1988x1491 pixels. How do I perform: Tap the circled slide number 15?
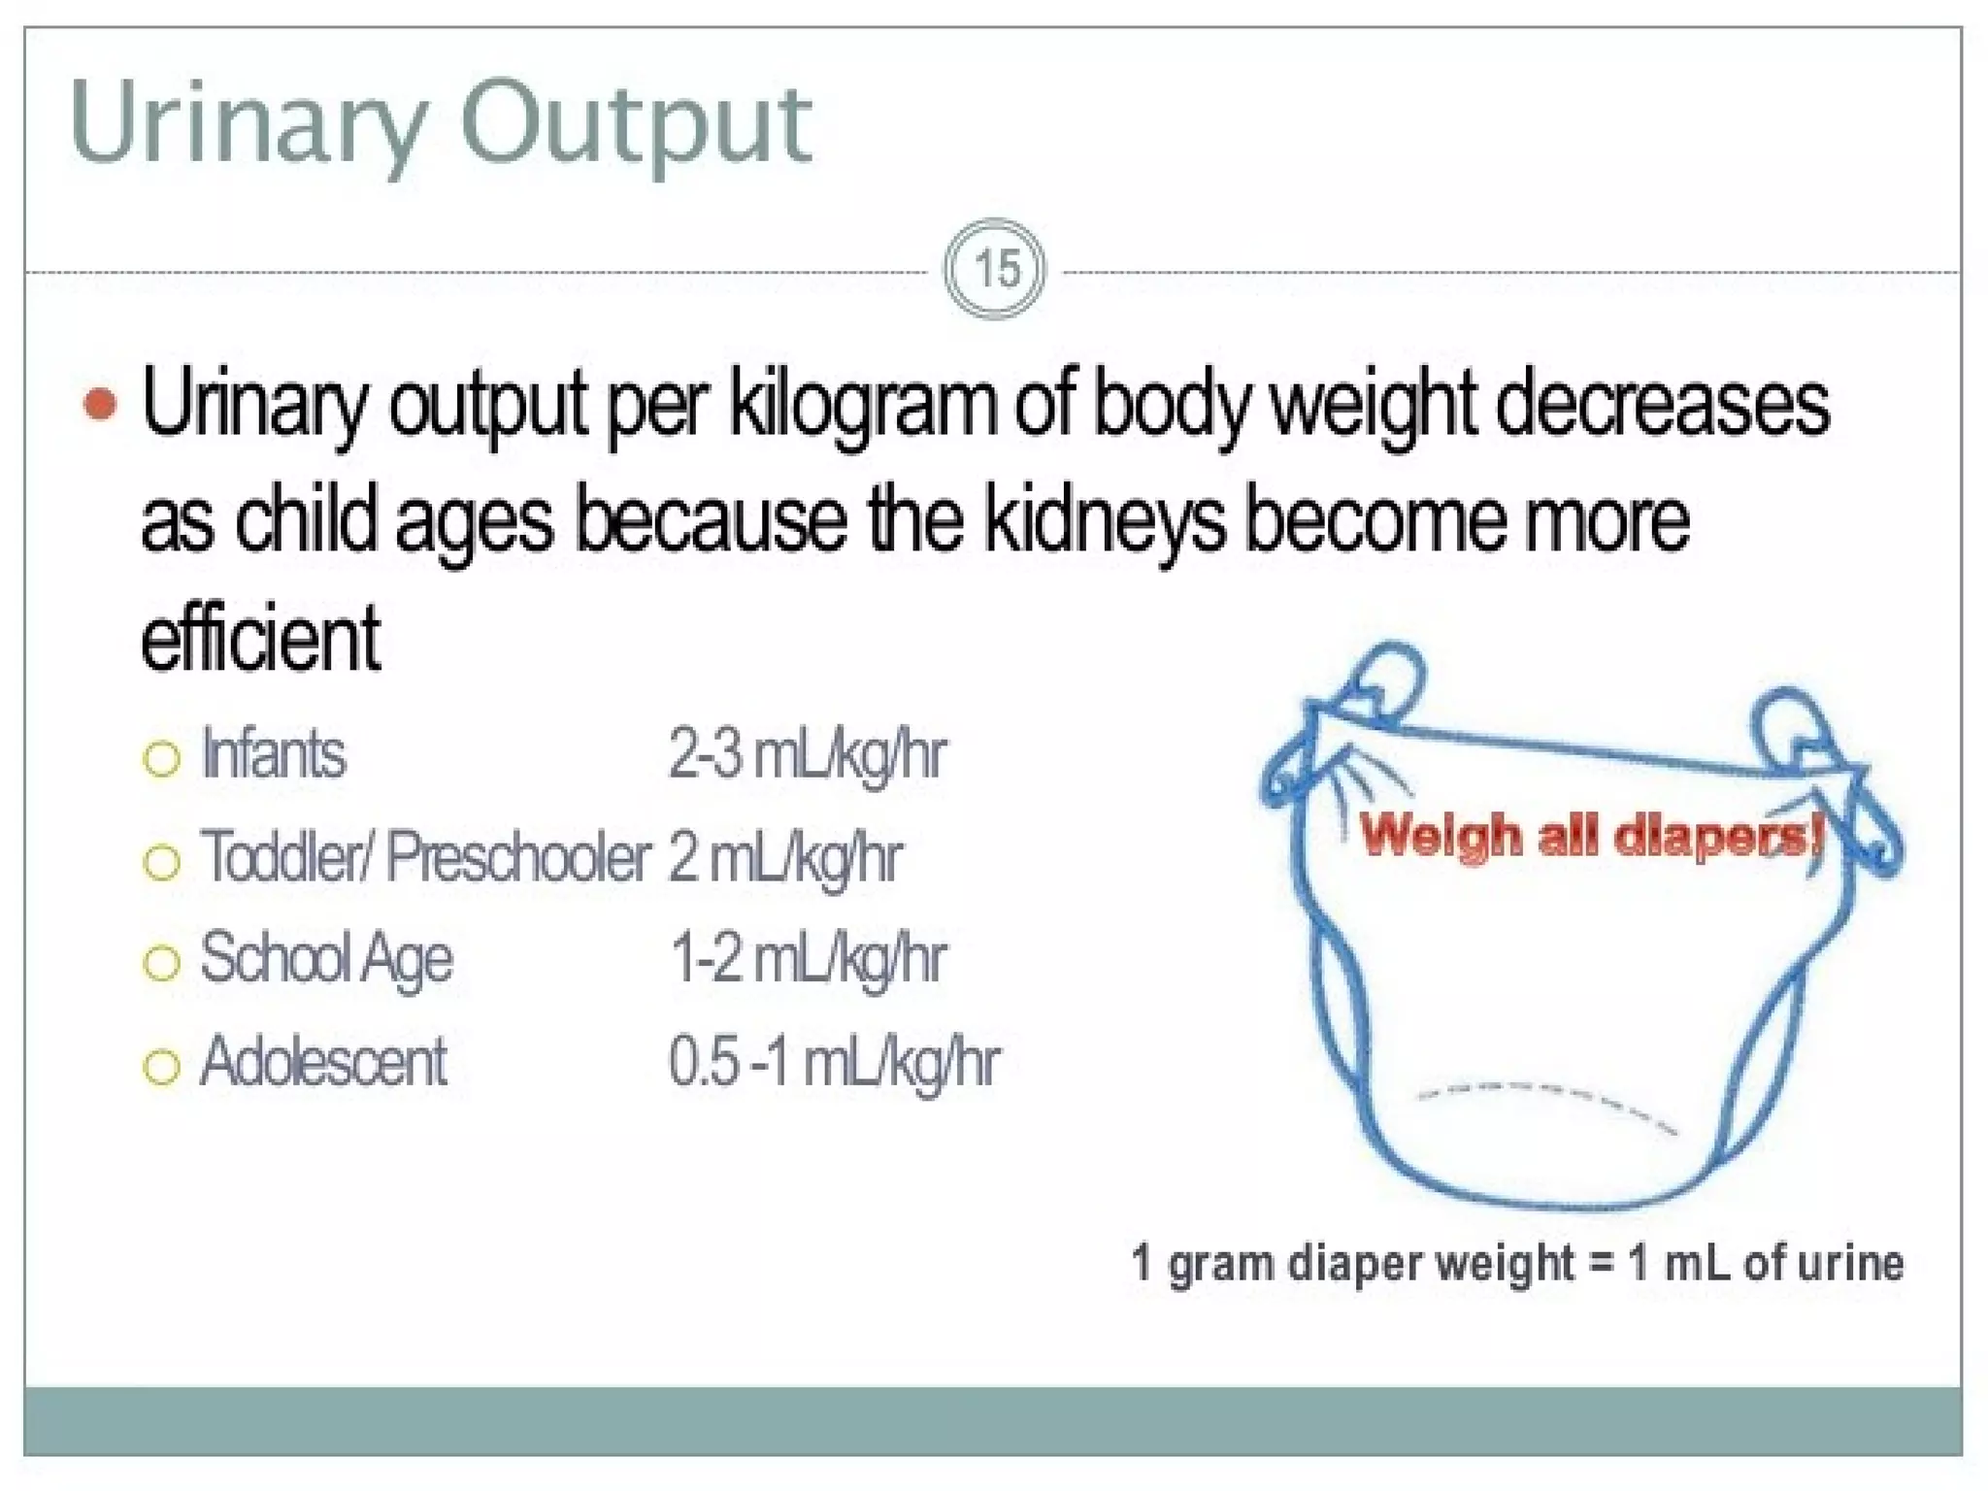995,269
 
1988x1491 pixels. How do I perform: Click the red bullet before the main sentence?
100,404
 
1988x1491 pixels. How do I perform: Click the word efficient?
260,638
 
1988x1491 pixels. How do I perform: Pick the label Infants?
273,754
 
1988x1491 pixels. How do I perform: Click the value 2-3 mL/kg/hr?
807,754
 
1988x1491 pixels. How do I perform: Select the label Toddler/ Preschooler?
425,857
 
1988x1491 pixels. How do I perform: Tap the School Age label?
326,959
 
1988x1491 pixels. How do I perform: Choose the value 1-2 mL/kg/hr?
807,959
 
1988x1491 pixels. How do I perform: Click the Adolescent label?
323,1062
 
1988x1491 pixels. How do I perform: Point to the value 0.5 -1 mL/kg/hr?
833,1062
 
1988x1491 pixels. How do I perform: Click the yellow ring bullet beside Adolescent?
161,1067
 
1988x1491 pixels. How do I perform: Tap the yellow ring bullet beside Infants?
161,759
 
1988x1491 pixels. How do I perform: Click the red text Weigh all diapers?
1590,835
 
